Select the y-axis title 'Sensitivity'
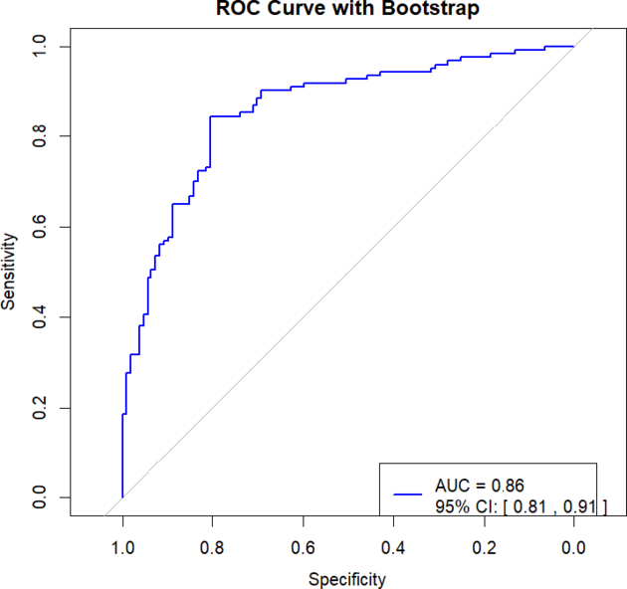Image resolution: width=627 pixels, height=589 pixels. tap(9, 272)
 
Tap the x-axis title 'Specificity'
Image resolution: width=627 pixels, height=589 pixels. tap(347, 578)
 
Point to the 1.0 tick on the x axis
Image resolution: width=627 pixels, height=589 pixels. tap(122, 546)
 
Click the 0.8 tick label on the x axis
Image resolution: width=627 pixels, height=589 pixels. tap(213, 546)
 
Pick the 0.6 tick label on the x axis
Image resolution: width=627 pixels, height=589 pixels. tap(304, 546)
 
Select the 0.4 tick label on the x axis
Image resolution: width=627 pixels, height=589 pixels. tap(393, 546)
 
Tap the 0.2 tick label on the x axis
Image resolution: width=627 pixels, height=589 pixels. tap(484, 546)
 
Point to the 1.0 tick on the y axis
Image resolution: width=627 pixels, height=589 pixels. tap(39, 47)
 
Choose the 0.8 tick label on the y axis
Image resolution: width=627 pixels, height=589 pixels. tap(39, 136)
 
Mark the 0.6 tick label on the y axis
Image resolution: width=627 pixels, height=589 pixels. tap(39, 227)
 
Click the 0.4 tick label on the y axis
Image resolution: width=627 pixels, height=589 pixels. tap(39, 317)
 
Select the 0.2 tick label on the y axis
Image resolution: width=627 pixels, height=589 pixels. tap(39, 408)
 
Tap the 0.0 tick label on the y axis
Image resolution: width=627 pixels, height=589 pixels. tap(39, 497)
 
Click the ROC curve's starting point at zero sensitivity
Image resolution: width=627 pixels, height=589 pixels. tap(122, 497)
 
